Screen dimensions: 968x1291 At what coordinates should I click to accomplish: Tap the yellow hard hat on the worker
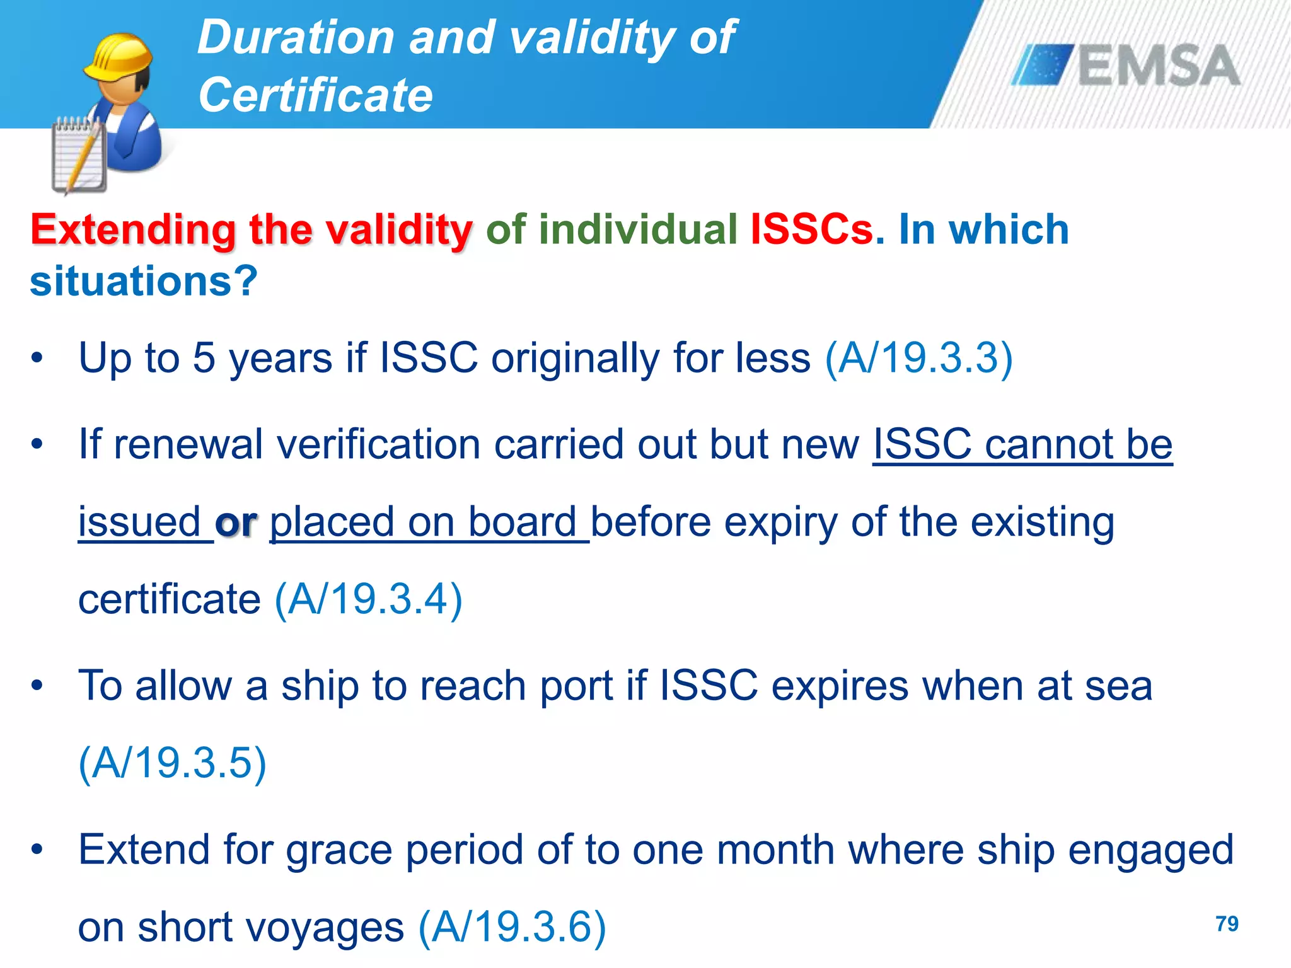(119, 57)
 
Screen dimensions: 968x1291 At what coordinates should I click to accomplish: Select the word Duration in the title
(296, 37)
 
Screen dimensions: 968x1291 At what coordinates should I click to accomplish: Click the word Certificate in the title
(315, 95)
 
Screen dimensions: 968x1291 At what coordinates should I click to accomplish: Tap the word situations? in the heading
(144, 281)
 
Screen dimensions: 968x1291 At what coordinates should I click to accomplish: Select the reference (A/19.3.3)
(918, 358)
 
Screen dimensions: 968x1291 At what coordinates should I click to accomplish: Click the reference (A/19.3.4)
(369, 599)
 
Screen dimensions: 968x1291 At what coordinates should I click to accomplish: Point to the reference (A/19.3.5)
(172, 763)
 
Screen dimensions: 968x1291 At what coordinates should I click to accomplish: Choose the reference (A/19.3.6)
(512, 927)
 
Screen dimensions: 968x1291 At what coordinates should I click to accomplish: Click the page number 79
(1227, 924)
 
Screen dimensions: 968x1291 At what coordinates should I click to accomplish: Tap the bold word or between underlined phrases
(236, 522)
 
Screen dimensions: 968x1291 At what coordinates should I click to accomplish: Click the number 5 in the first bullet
(203, 358)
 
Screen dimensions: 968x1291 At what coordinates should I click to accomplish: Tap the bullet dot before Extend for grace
(37, 850)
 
